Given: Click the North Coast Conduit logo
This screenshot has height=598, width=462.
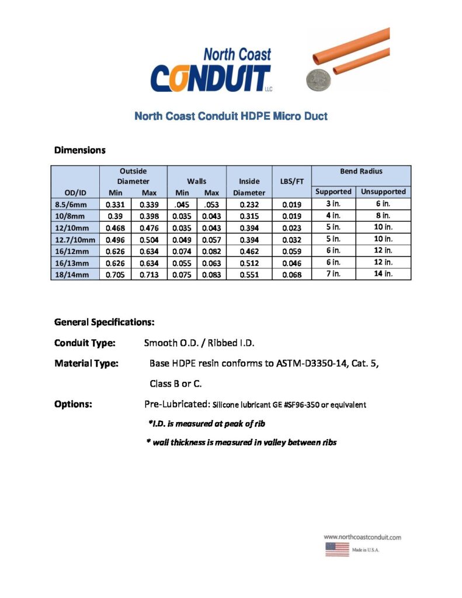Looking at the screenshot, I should [211, 70].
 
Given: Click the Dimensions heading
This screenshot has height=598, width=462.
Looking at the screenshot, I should [79, 150].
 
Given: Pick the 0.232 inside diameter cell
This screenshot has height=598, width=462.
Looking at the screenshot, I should [249, 204].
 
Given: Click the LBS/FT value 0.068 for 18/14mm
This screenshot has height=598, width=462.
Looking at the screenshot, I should [292, 274].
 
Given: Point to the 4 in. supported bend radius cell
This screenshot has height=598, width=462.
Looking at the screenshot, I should [333, 215].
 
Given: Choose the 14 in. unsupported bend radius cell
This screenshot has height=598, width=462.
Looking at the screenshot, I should [383, 273].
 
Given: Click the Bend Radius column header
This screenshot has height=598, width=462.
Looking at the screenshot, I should [361, 171].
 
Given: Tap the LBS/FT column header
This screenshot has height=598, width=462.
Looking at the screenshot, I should [292, 181].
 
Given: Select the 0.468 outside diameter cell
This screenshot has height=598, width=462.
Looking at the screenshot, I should [116, 227].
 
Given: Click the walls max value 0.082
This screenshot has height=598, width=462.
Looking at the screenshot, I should [211, 251].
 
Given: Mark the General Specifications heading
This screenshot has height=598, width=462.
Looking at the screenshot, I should [105, 322].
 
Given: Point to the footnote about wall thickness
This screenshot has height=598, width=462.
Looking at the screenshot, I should [241, 442].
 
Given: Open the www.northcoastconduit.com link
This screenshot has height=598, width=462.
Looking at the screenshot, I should [362, 537].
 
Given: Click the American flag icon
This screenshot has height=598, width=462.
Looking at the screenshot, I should [336, 550].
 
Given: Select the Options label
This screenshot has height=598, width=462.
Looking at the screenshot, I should [73, 404].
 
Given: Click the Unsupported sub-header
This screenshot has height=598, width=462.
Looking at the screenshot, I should [383, 192].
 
